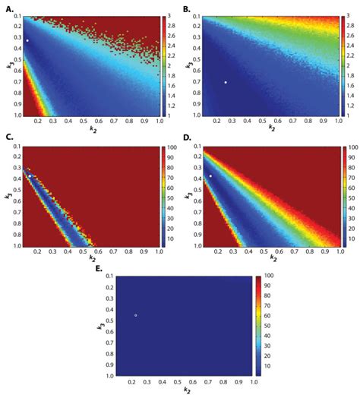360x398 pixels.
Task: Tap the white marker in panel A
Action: tap(27, 41)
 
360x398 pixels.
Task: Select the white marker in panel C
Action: tap(30, 176)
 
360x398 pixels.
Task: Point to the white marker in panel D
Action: tap(210, 175)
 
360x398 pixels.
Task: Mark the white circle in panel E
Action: tap(136, 315)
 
